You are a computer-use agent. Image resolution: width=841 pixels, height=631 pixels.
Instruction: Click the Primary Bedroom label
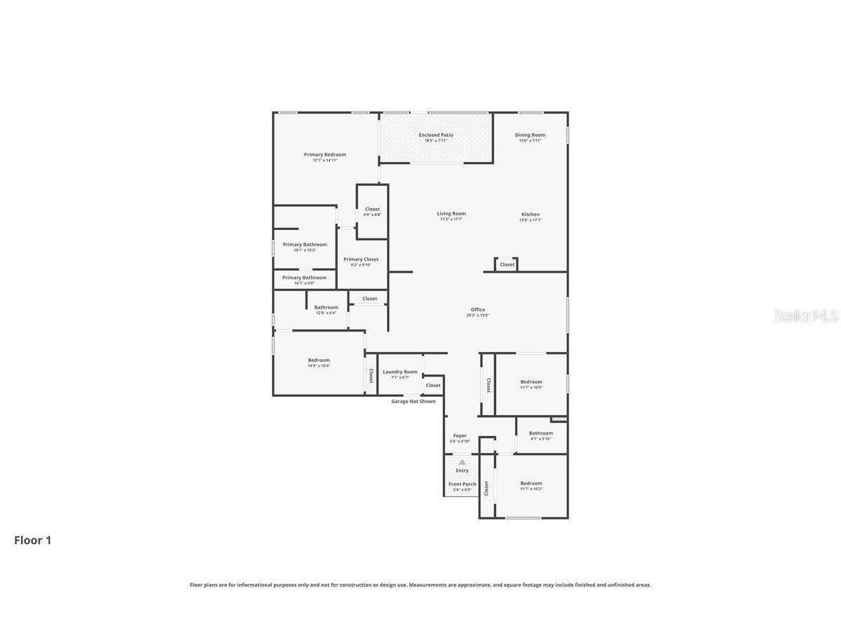[x=324, y=155]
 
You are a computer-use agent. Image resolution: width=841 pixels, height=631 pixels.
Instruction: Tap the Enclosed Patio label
[x=436, y=135]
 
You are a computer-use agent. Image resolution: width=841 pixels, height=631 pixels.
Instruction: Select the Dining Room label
[x=530, y=135]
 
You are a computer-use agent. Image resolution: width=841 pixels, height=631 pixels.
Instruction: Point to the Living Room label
[x=451, y=214]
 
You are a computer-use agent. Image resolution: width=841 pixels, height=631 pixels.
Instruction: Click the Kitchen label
[x=530, y=215]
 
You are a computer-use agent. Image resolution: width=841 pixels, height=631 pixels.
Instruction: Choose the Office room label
[x=478, y=310]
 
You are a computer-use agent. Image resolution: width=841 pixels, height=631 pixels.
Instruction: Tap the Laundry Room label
[x=400, y=372]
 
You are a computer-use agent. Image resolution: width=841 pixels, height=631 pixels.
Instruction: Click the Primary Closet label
[x=361, y=259]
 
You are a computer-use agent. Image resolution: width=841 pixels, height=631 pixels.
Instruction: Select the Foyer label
[x=460, y=436]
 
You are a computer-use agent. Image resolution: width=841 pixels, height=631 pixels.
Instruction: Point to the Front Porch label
[x=462, y=484]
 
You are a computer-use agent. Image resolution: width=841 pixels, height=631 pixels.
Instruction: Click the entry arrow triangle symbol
[x=462, y=462]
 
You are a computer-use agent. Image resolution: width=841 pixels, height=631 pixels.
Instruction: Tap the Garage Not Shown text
[x=413, y=402]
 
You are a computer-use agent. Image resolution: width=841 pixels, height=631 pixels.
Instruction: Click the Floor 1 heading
[x=33, y=541]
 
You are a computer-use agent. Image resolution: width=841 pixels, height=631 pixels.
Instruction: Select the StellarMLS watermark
[x=806, y=316]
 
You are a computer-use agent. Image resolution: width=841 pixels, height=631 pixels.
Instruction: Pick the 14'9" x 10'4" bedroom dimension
[x=319, y=366]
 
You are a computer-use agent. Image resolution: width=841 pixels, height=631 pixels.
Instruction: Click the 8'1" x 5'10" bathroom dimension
[x=540, y=439]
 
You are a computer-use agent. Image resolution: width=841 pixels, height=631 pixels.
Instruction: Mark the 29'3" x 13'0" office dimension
[x=478, y=315]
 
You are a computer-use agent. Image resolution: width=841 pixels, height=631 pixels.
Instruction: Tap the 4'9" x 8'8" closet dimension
[x=372, y=215]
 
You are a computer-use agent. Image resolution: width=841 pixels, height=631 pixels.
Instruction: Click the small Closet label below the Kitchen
[x=507, y=264]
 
